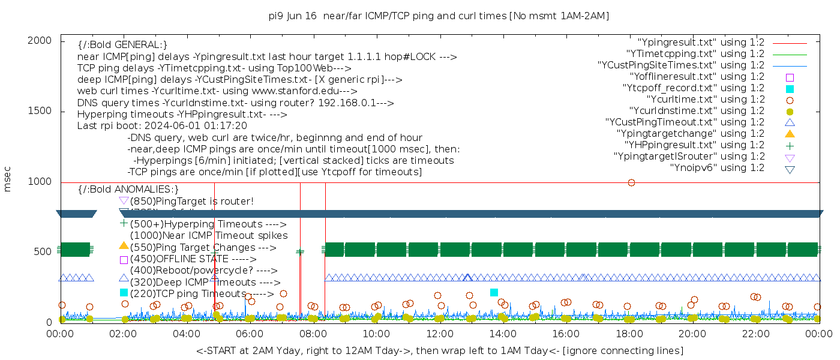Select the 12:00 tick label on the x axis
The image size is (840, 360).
(x=439, y=334)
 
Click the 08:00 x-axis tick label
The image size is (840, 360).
(x=313, y=334)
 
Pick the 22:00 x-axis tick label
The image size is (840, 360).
(x=755, y=334)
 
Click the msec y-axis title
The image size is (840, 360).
(x=8, y=181)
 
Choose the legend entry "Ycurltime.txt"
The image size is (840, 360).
(x=705, y=100)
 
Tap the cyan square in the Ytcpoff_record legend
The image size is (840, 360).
(x=790, y=89)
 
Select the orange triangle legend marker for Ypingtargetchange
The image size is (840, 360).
(x=790, y=134)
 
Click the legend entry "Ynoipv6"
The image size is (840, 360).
(x=717, y=168)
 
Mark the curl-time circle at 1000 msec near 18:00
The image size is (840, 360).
(x=631, y=182)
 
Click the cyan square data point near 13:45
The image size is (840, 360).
(x=494, y=292)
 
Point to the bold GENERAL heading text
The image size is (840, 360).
(x=122, y=45)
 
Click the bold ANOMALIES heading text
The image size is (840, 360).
(x=128, y=190)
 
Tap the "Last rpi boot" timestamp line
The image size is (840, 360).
(x=162, y=126)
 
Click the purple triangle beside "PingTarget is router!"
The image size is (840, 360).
(x=124, y=200)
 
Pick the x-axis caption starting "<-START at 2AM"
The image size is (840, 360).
(x=439, y=350)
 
